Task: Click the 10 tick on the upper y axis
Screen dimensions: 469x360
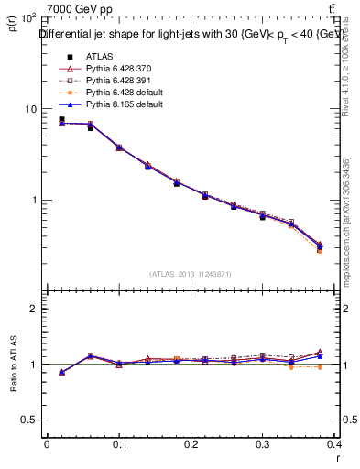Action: pyautogui.click(x=30, y=109)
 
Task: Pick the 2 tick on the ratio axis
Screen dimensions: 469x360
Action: pyautogui.click(x=33, y=309)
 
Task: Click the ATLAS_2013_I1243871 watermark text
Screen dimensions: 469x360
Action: pyautogui.click(x=191, y=274)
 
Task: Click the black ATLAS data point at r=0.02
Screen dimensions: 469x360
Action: pyautogui.click(x=61, y=119)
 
